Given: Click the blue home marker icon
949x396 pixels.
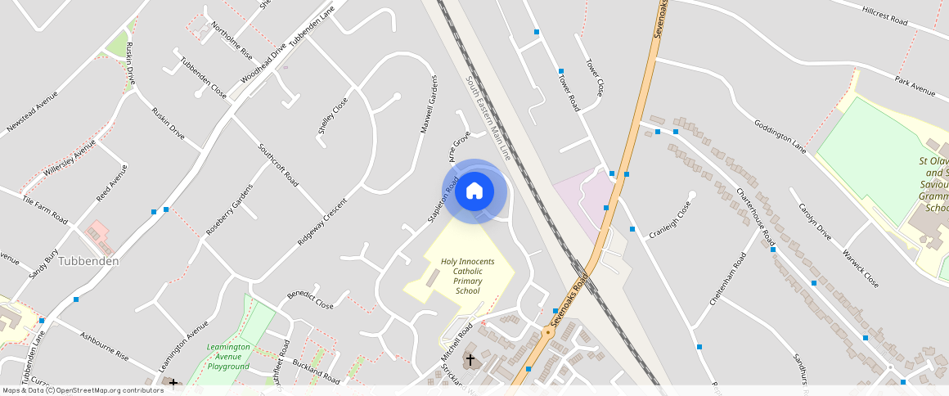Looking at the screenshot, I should click(x=475, y=191).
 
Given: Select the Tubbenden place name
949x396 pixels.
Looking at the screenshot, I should click(x=89, y=261).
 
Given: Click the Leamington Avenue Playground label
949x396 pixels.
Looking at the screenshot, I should click(x=228, y=356).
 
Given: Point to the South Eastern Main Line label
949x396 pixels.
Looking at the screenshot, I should click(x=488, y=119).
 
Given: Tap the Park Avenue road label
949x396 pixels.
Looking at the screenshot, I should click(x=915, y=86).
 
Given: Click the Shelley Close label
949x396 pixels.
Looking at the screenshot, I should click(x=333, y=115).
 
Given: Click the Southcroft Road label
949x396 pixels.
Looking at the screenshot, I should click(x=277, y=164).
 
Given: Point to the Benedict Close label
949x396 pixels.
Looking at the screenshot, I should click(x=310, y=300).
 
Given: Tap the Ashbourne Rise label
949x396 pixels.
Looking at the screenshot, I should click(x=104, y=345).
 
